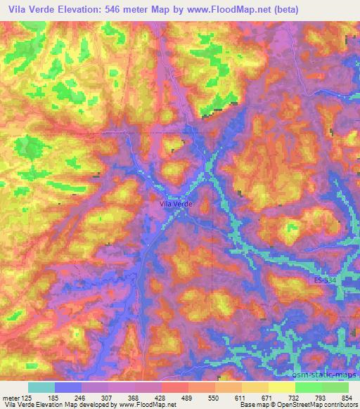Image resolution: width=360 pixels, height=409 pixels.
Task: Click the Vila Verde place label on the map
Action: pyautogui.click(x=176, y=204)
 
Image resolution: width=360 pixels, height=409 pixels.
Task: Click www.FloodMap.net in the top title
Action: pyautogui.click(x=229, y=10)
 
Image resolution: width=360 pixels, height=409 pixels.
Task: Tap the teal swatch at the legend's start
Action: pyautogui.click(x=41, y=387)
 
